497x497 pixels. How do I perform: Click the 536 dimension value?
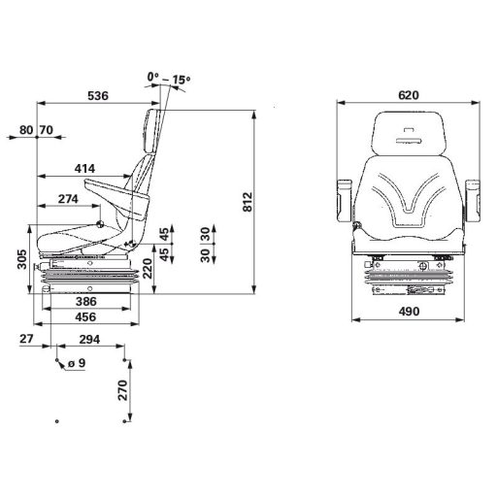click(96, 95)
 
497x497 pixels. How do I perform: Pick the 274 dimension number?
click(70, 200)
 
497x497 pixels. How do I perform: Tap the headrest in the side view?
click(151, 128)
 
